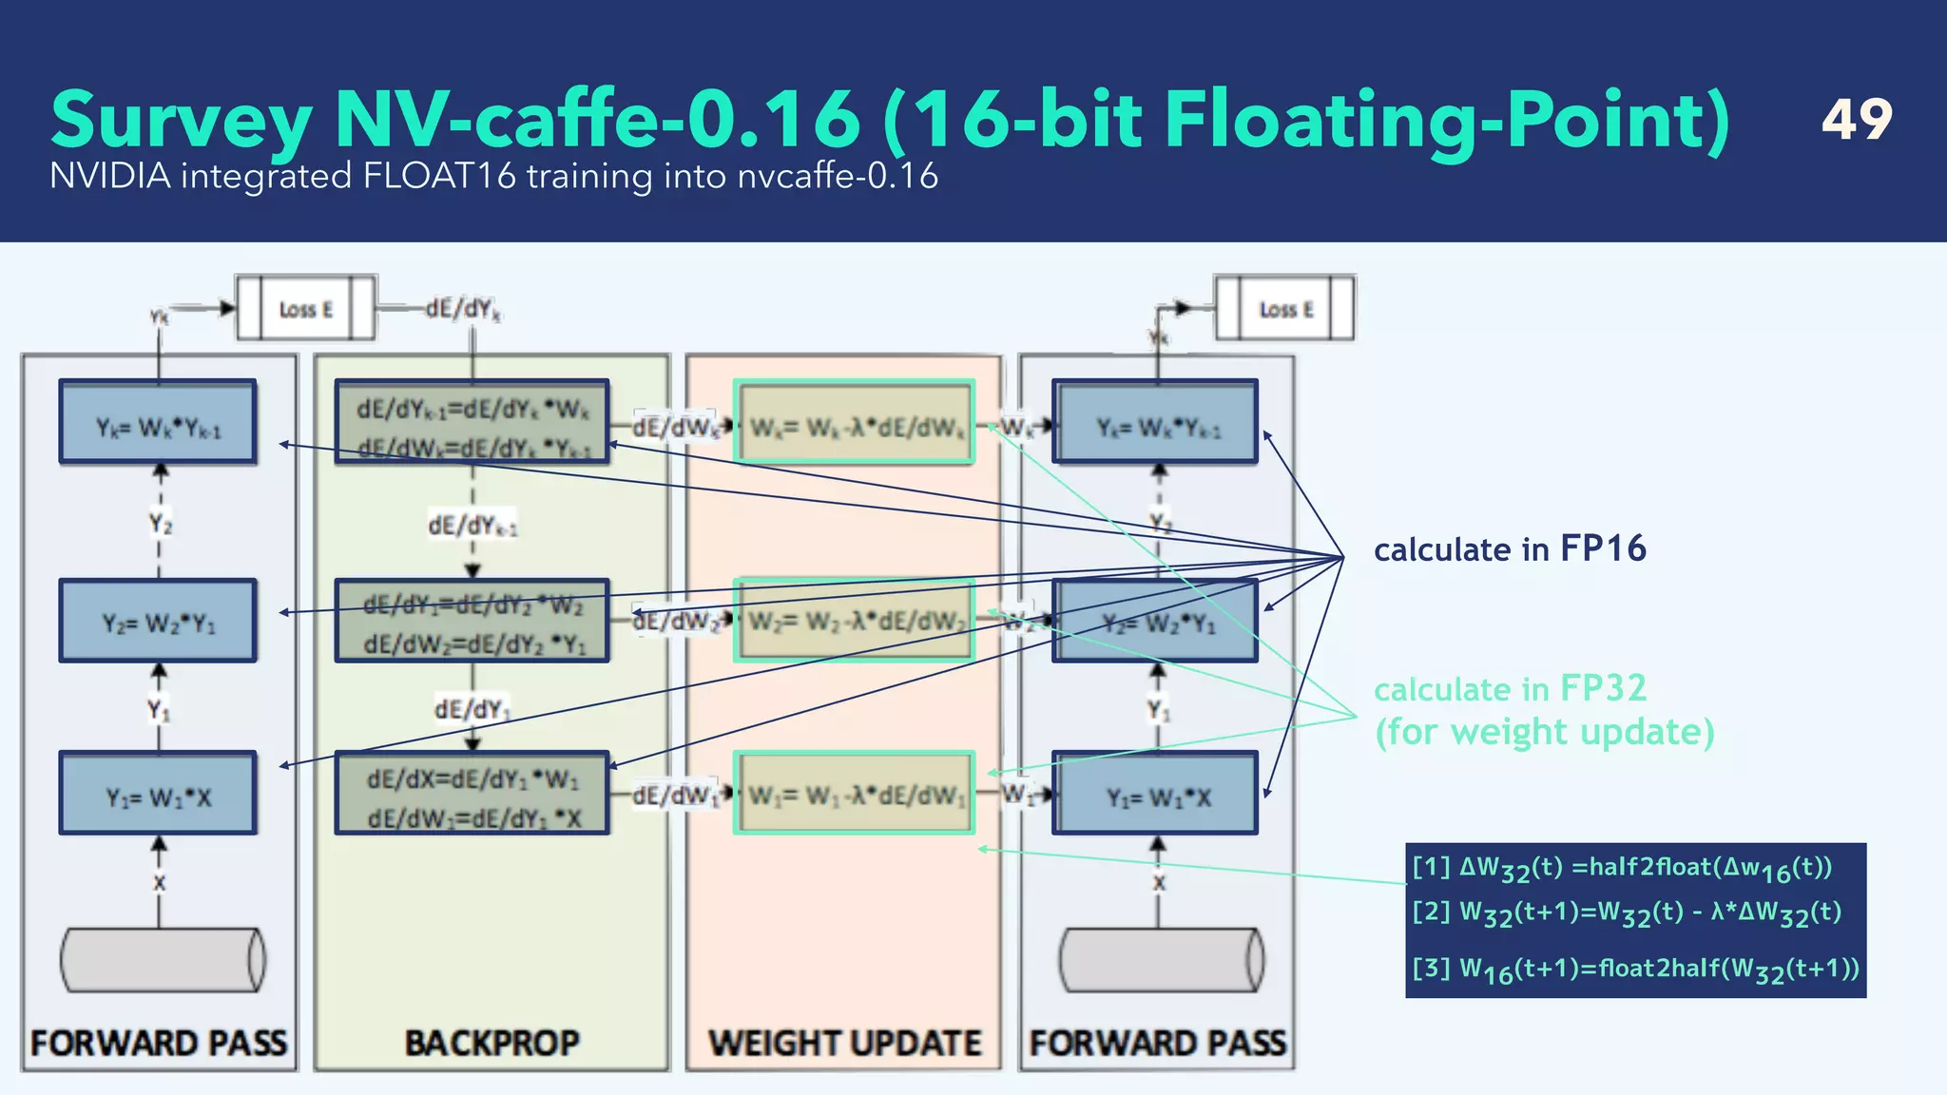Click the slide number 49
click(x=1856, y=120)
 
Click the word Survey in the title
click(x=181, y=122)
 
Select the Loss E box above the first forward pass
click(x=306, y=309)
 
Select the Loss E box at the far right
click(x=1285, y=309)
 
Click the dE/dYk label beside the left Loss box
click(x=463, y=309)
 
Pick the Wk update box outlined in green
click(x=854, y=423)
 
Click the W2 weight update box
click(x=854, y=621)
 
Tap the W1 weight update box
click(x=854, y=794)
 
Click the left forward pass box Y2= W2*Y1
click(x=158, y=622)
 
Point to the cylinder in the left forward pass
click(x=162, y=960)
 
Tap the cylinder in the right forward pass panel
click(x=1161, y=960)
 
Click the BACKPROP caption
click(x=492, y=1043)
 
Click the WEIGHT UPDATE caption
click(x=844, y=1043)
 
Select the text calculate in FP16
click(x=1509, y=549)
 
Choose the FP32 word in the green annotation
click(x=1603, y=688)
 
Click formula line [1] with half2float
click(x=1621, y=868)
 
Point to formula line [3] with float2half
click(x=1634, y=970)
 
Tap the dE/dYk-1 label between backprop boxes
click(x=472, y=526)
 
